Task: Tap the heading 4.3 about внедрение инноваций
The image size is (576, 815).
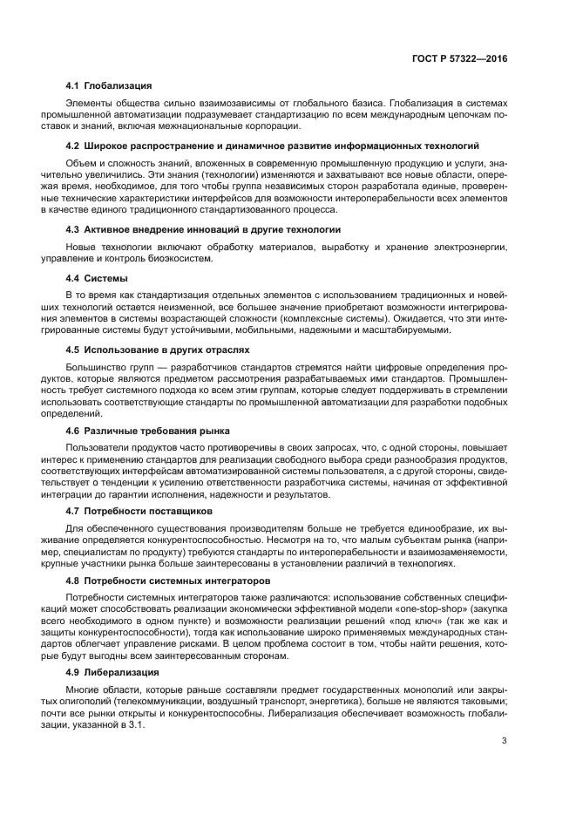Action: click(x=203, y=229)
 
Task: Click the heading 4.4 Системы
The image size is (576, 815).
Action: click(x=98, y=278)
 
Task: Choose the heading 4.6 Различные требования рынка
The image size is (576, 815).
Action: click(x=148, y=431)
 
